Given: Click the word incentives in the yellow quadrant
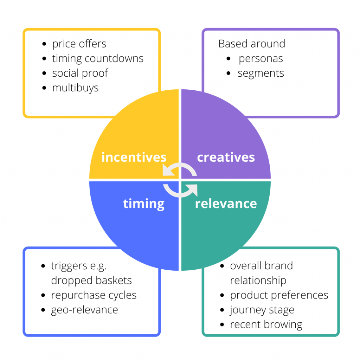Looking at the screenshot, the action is [134, 157].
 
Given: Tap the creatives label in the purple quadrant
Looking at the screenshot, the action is [226, 157].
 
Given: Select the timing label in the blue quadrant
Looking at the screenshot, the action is [144, 204].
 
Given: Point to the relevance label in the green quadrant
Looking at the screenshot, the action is [226, 204].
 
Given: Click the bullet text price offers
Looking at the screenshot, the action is [79, 44].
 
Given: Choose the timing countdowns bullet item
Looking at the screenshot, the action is [98, 59].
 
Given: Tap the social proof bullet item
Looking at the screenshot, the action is [80, 73].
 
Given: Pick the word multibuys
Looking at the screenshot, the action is [75, 88].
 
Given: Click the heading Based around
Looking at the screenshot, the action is [252, 44].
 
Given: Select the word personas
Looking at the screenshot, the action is [261, 59].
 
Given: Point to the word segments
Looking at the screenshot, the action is [261, 73].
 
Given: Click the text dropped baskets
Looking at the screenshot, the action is [91, 280].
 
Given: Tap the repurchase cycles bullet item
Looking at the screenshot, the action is [94, 295].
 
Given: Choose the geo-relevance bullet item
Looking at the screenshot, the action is [84, 310].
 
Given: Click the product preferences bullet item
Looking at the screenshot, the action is [279, 295].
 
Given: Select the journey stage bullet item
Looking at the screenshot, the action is [262, 310].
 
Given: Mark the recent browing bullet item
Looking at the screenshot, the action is [266, 324].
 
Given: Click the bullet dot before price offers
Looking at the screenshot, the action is [44, 44].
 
